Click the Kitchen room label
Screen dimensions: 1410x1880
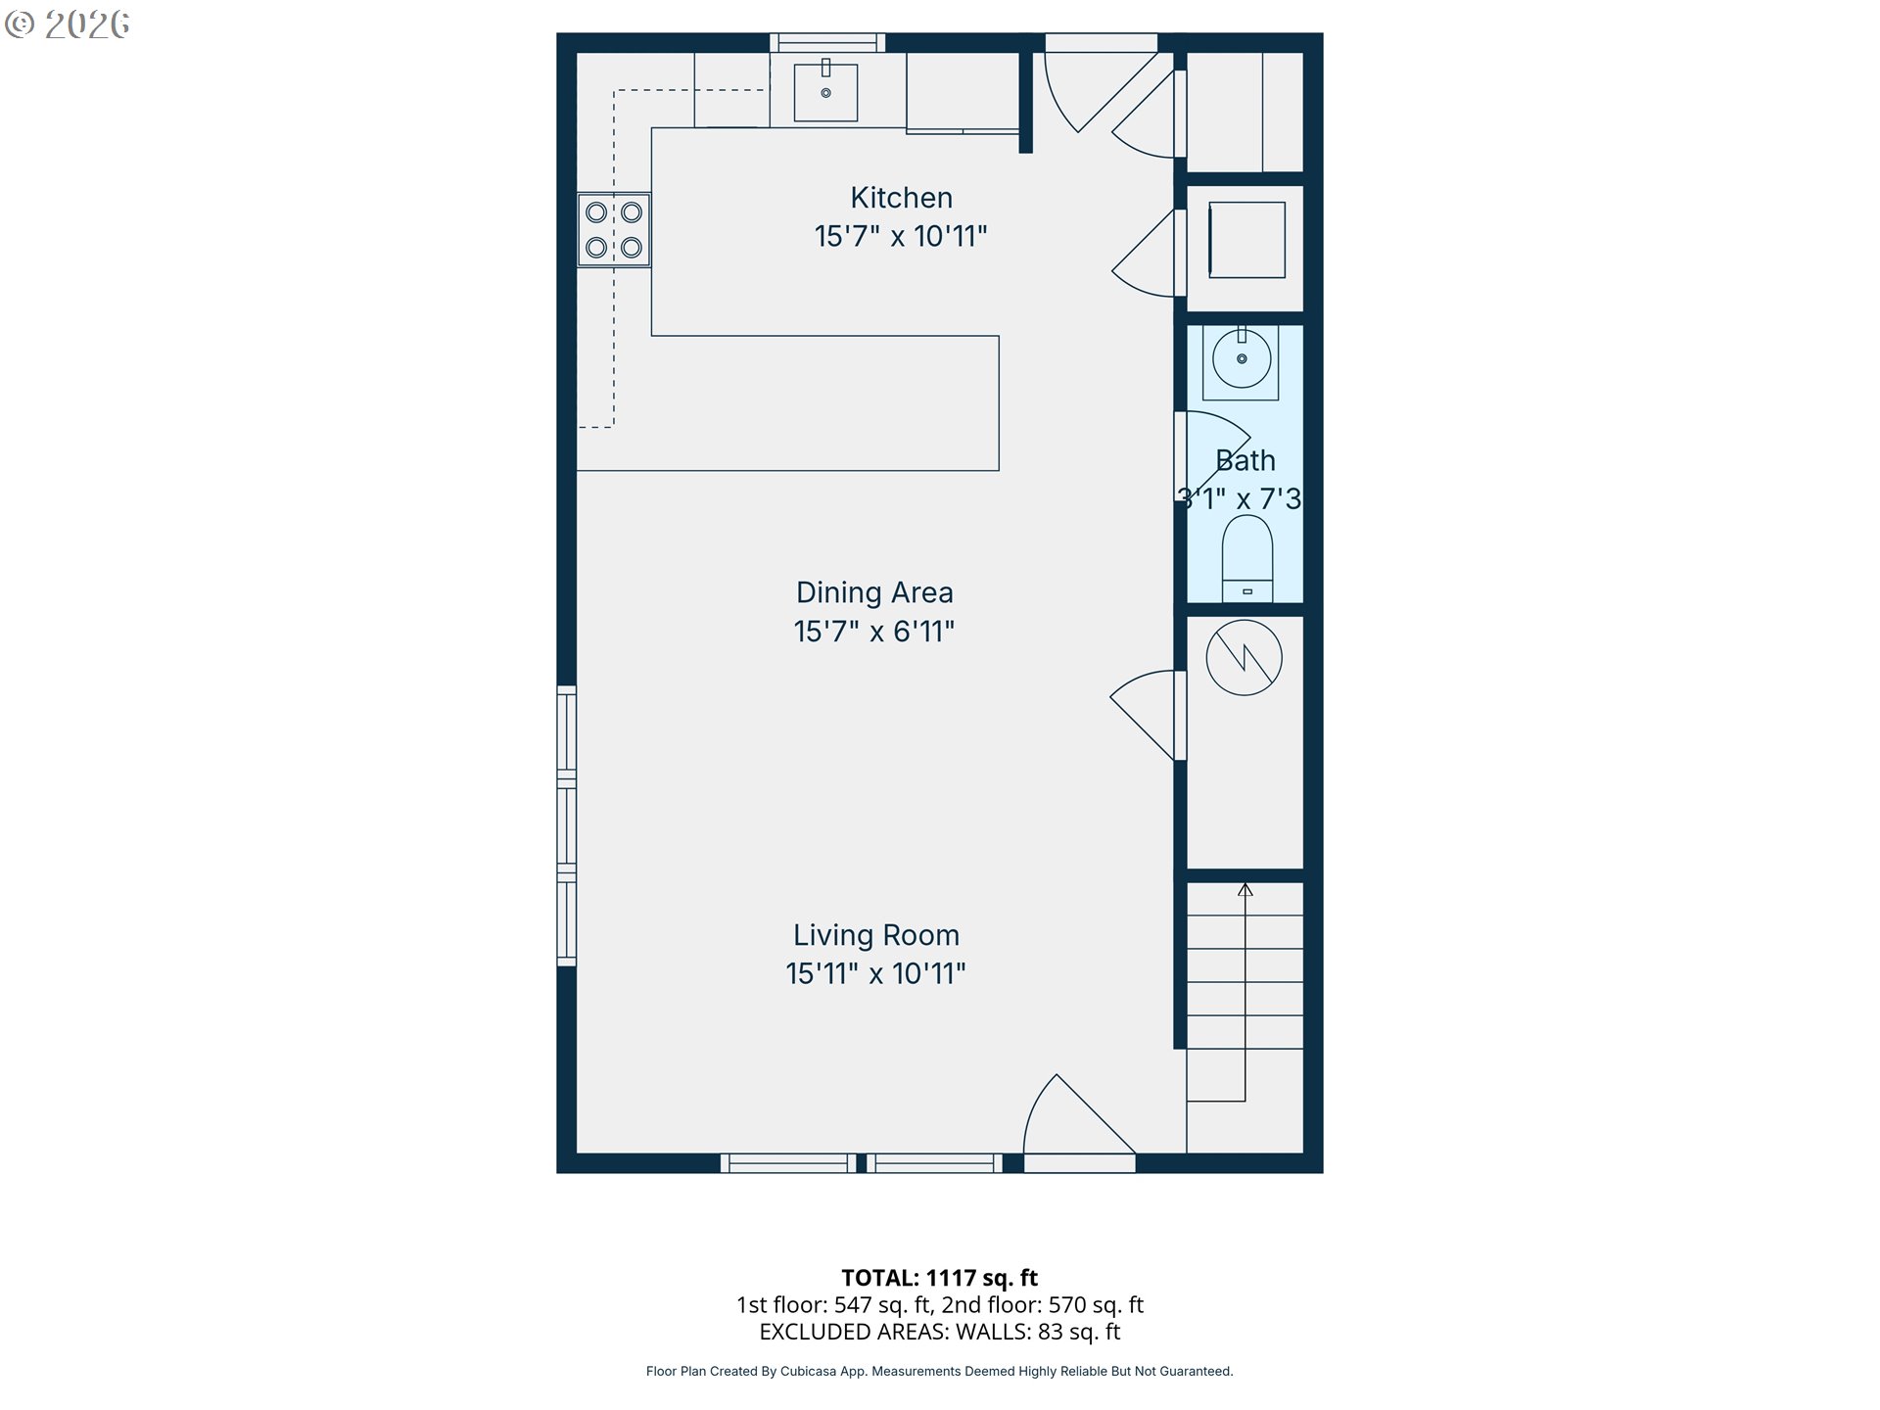901,198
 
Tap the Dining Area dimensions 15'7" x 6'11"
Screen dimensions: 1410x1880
873,632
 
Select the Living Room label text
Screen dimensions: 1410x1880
875,935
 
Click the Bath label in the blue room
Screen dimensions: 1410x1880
1245,460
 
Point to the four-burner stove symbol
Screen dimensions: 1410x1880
614,230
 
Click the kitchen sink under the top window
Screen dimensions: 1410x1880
825,93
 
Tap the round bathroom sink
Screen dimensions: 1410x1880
1242,359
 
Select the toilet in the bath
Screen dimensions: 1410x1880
1247,558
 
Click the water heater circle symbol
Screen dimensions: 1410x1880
1244,658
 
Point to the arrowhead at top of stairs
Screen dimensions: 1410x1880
1245,889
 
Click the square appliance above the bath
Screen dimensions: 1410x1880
1246,240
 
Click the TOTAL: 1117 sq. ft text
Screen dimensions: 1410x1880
939,1278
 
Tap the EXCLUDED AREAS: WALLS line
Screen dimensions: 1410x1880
939,1332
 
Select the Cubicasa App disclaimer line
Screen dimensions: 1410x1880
939,1371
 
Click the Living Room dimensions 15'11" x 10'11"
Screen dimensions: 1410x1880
875,974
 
